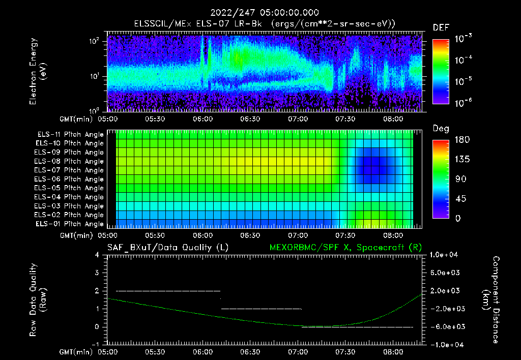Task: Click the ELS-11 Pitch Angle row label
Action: click(x=70, y=134)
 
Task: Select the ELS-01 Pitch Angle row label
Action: click(x=70, y=224)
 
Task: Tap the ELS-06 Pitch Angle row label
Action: click(x=70, y=179)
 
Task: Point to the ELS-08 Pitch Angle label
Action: click(x=70, y=161)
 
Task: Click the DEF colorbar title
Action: click(x=441, y=27)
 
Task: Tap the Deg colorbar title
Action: click(x=441, y=129)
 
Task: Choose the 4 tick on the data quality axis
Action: click(x=103, y=254)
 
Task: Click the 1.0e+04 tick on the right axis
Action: click(x=445, y=254)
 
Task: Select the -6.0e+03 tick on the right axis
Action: click(x=445, y=326)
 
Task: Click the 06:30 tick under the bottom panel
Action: click(x=250, y=351)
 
